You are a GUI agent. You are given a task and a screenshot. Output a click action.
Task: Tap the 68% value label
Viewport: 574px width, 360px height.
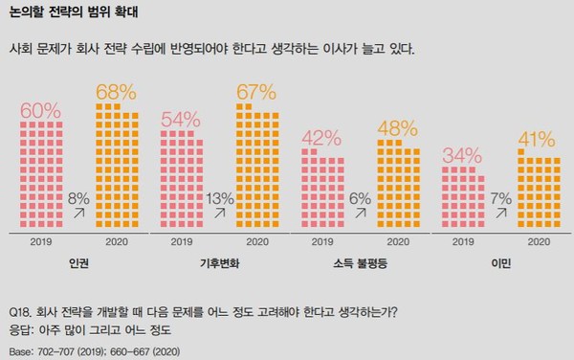(116, 94)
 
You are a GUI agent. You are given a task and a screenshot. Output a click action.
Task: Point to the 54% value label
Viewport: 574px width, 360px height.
(181, 120)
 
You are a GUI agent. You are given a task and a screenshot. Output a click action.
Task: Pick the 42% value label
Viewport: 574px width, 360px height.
(321, 138)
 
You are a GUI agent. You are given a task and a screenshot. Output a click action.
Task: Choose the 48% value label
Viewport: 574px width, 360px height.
(396, 127)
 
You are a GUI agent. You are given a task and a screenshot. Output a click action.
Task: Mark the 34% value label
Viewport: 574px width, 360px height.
(462, 156)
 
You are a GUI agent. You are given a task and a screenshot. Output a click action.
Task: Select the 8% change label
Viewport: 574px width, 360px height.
(80, 198)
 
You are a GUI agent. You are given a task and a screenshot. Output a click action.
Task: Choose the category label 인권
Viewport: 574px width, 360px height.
(78, 262)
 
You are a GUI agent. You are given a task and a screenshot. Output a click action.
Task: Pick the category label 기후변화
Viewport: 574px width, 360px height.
(218, 262)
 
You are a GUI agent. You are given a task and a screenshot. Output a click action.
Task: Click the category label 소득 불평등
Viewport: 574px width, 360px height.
(359, 262)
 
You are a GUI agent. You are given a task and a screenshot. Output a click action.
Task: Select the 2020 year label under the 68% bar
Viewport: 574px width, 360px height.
(116, 242)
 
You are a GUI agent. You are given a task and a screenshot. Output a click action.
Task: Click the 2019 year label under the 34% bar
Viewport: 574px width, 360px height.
(462, 242)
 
